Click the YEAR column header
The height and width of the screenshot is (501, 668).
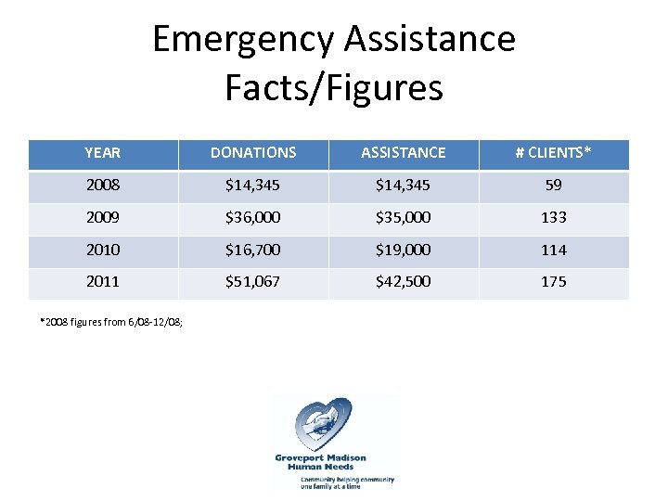point(102,153)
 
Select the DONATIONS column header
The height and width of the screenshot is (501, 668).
point(253,153)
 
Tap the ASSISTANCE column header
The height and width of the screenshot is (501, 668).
point(404,153)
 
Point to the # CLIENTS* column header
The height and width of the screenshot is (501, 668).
point(554,153)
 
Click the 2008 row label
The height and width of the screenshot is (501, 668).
point(102,186)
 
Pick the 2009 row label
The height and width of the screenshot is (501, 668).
point(102,218)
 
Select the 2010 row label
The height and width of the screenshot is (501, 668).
point(102,250)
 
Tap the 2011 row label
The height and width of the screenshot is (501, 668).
point(102,282)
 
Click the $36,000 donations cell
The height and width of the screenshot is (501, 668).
point(253,218)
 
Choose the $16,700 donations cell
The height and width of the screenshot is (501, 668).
point(253,250)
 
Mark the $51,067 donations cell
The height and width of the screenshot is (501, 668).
point(253,282)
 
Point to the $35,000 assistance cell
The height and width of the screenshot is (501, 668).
point(404,218)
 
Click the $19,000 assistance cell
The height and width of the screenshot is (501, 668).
point(404,250)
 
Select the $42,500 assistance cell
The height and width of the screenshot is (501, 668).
point(404,282)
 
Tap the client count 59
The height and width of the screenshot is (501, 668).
point(554,186)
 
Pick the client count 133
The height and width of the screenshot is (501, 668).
point(554,218)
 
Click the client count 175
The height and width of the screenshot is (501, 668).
point(554,282)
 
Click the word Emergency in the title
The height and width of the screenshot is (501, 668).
point(243,40)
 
